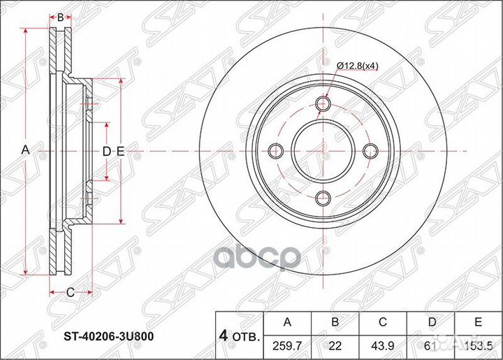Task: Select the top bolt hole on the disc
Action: tap(322, 104)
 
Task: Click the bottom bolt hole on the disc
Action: tap(322, 198)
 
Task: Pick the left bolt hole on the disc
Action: tap(275, 151)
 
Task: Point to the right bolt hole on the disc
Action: tap(370, 151)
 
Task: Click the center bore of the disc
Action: tap(322, 151)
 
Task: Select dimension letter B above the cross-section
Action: tap(61, 17)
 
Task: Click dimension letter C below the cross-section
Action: tap(71, 292)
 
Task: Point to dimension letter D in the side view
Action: tap(106, 151)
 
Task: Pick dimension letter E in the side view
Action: tap(119, 151)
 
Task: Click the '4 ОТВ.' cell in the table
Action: tap(238, 333)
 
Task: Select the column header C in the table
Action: tap(382, 322)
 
